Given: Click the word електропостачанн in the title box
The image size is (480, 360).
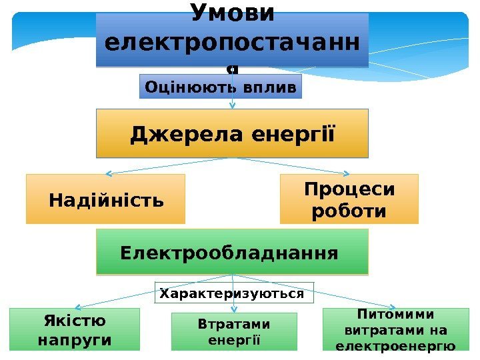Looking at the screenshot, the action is pos(232,44).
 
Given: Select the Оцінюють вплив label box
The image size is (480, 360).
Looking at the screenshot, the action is pos(221,87).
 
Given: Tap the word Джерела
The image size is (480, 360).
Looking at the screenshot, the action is pos(187,134).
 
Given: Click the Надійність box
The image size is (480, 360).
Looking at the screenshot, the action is pos(105,199).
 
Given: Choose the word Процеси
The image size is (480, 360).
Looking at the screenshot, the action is pos(349,189).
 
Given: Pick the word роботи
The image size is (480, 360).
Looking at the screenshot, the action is pos(349,211).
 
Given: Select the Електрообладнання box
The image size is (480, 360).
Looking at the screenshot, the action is pos(232,252).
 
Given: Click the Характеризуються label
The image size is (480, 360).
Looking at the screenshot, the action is pos(233,293).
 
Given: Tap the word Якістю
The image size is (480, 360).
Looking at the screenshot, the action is pos(75,321).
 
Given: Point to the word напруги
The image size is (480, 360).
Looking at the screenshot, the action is pos(75,340).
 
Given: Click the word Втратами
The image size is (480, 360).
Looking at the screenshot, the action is pos(234,325).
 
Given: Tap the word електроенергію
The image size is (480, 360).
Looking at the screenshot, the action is pos(395,346).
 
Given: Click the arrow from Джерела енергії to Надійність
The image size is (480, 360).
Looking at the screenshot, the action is pos(167,166).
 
